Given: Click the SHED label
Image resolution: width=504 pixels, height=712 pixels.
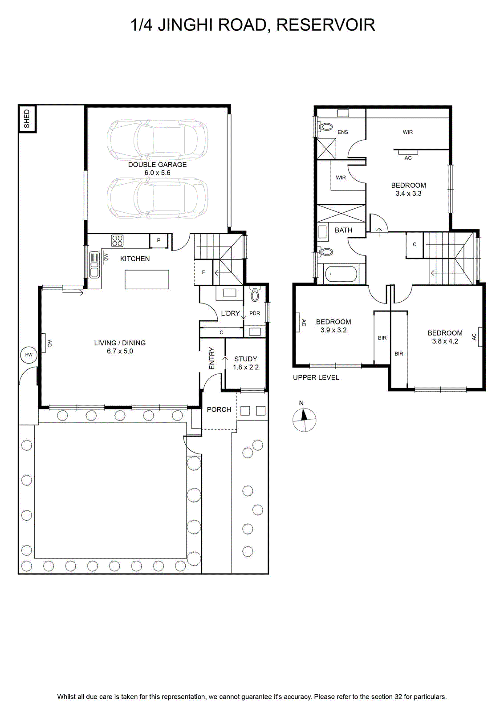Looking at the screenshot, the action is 27,119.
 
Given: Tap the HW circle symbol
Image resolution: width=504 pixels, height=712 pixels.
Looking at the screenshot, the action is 28,355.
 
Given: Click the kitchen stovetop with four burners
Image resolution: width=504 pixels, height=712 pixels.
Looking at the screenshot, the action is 117,241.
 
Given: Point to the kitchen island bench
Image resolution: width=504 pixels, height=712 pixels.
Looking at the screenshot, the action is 146,279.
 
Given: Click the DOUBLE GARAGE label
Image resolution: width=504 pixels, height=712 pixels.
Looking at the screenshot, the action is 158,165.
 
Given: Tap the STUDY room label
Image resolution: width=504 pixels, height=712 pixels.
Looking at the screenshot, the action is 245,359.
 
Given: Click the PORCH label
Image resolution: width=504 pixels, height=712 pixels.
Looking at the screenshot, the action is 219,409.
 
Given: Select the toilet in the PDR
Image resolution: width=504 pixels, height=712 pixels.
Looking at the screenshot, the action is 255,294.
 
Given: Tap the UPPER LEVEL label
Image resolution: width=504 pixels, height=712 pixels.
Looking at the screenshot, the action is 316,378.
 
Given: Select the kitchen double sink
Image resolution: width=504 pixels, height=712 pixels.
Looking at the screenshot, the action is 94,264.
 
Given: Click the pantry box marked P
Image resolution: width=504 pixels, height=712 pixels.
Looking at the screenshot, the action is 159,241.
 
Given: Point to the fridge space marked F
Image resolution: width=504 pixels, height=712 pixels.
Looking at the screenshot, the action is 203,272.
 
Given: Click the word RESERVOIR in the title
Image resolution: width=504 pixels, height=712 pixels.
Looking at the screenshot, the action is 325,25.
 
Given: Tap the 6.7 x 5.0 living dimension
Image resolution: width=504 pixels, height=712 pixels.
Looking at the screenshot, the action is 120,351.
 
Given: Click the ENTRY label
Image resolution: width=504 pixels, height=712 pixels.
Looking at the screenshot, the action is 212,358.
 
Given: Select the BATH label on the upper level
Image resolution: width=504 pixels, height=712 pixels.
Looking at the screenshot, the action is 343,230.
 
